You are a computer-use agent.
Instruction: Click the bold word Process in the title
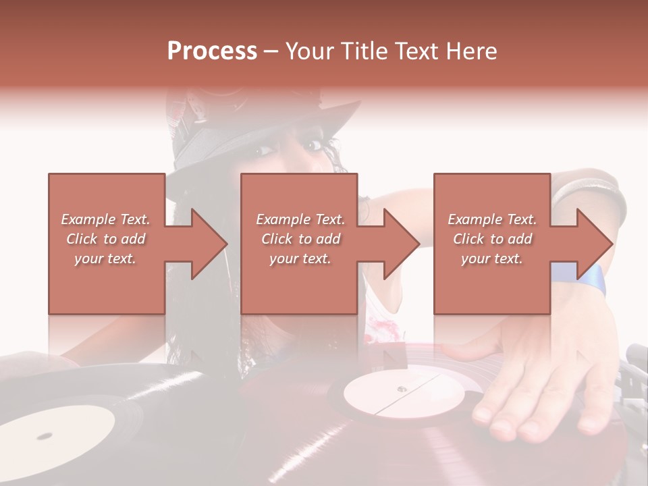pos(212,51)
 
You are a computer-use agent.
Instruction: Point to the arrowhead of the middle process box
pos(401,243)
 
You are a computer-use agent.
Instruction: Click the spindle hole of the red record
pos(402,389)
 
